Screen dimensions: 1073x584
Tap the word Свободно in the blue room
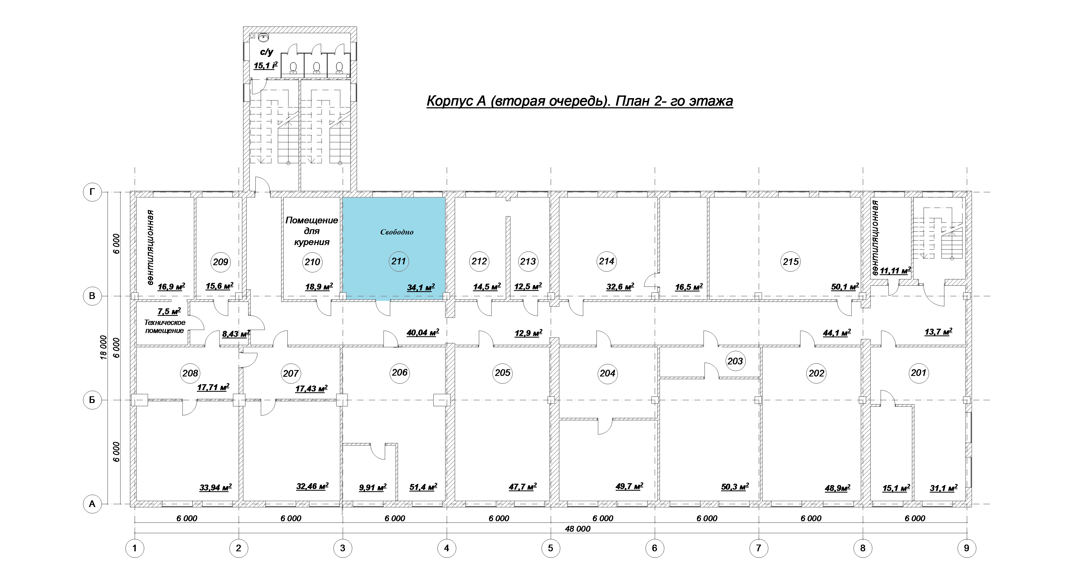396,232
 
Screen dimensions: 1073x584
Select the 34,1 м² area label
421,287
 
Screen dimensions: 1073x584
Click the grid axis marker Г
92,192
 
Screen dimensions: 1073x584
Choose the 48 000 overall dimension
577,529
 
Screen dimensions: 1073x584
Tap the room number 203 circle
735,361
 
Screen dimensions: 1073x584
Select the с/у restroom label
267,52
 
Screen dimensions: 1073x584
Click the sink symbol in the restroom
263,38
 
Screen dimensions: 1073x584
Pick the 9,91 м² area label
373,487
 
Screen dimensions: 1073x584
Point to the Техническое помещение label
164,326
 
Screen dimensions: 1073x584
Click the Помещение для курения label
311,231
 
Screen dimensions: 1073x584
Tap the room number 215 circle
791,261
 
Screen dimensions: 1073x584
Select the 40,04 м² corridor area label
423,332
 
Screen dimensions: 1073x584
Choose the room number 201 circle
918,372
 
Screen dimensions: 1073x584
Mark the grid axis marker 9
966,548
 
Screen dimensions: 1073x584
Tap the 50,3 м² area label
735,487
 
